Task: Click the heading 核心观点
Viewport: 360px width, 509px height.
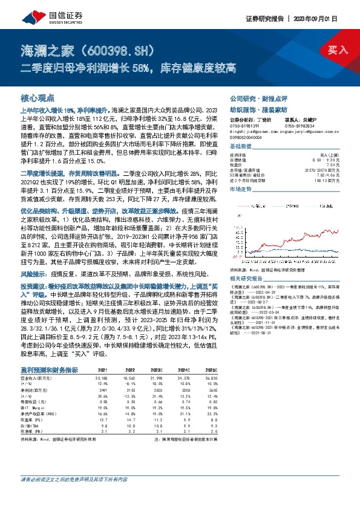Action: coord(38,97)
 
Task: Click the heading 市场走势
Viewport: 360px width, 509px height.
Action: coord(240,189)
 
